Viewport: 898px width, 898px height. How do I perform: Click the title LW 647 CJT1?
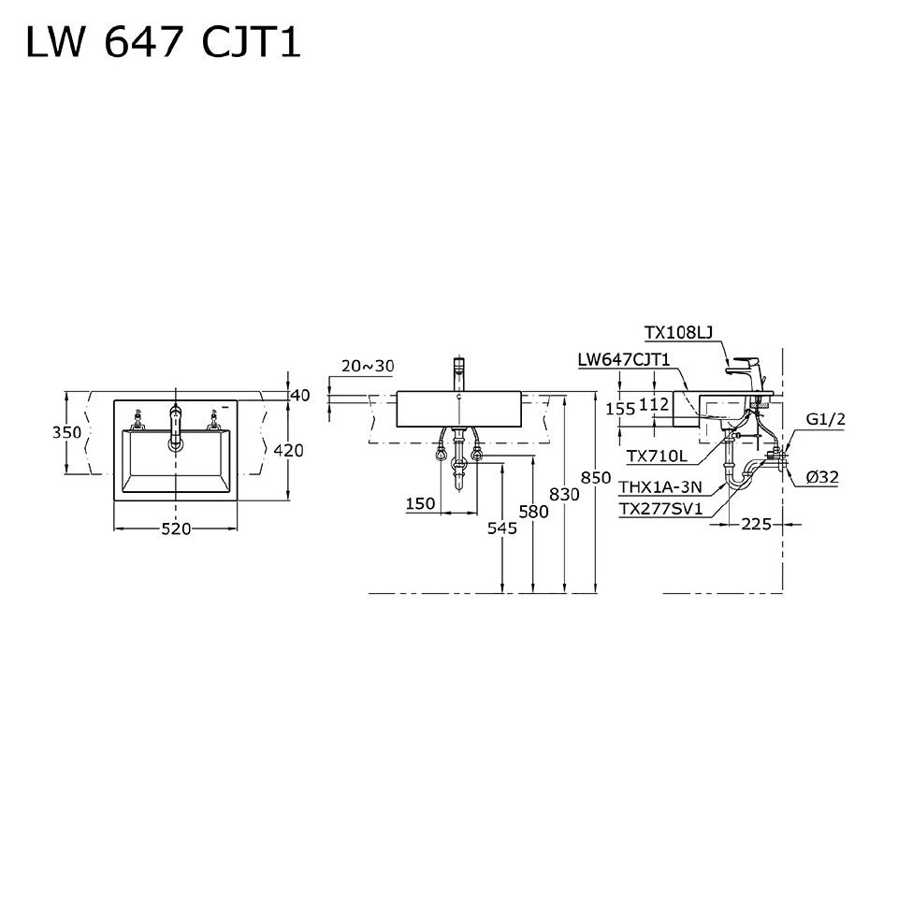point(163,42)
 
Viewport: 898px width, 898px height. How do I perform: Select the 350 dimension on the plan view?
point(66,433)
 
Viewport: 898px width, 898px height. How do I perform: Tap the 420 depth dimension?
point(288,450)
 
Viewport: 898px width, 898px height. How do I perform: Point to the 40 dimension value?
point(299,396)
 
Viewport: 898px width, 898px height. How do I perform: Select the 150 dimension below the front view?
point(421,504)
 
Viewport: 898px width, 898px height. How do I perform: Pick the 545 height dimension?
point(502,529)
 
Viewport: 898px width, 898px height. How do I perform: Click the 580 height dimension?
point(533,512)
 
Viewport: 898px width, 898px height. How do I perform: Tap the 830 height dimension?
point(564,494)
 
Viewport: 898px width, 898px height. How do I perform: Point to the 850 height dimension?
point(596,477)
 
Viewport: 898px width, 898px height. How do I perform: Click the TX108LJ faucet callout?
point(678,332)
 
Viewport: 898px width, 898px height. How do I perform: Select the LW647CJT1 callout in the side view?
point(624,359)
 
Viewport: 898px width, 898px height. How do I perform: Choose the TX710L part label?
point(657,456)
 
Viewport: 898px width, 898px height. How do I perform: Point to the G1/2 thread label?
point(827,419)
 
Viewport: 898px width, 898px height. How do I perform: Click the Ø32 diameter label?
point(822,477)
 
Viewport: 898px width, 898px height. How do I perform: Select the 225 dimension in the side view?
point(756,524)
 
